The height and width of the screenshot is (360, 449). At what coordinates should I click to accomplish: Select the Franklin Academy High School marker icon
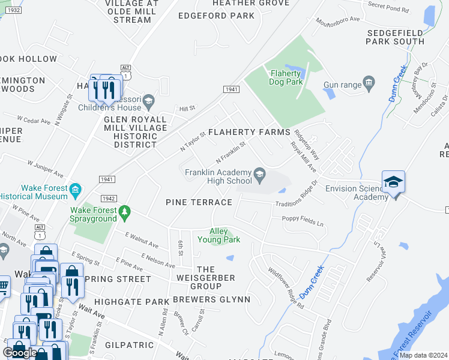click(259, 175)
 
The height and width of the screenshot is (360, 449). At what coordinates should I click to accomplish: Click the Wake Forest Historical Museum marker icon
click(75, 191)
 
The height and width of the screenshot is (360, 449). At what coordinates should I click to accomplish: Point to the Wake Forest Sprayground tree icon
click(124, 211)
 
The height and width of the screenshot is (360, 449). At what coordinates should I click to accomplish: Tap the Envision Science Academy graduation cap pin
click(393, 182)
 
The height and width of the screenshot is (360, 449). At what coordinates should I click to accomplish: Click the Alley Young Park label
click(224, 235)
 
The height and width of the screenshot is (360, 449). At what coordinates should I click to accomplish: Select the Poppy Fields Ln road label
click(303, 221)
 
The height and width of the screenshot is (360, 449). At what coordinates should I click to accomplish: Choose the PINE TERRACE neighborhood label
click(199, 202)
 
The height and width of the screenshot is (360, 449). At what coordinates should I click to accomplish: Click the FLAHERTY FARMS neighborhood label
click(249, 131)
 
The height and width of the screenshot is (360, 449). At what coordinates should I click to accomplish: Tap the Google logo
click(20, 353)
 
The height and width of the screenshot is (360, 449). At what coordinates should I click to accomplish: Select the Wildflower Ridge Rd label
click(286, 289)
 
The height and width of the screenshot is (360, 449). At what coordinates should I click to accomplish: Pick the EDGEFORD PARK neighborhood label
click(216, 16)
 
